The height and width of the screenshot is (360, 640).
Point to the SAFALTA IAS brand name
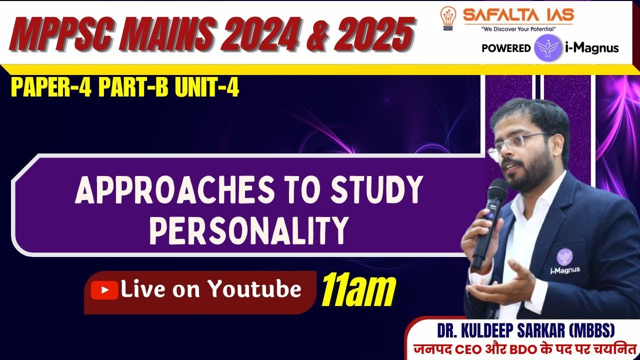coord(518,15)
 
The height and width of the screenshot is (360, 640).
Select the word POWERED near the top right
coord(506,48)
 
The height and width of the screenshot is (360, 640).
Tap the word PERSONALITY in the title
coord(248,229)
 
